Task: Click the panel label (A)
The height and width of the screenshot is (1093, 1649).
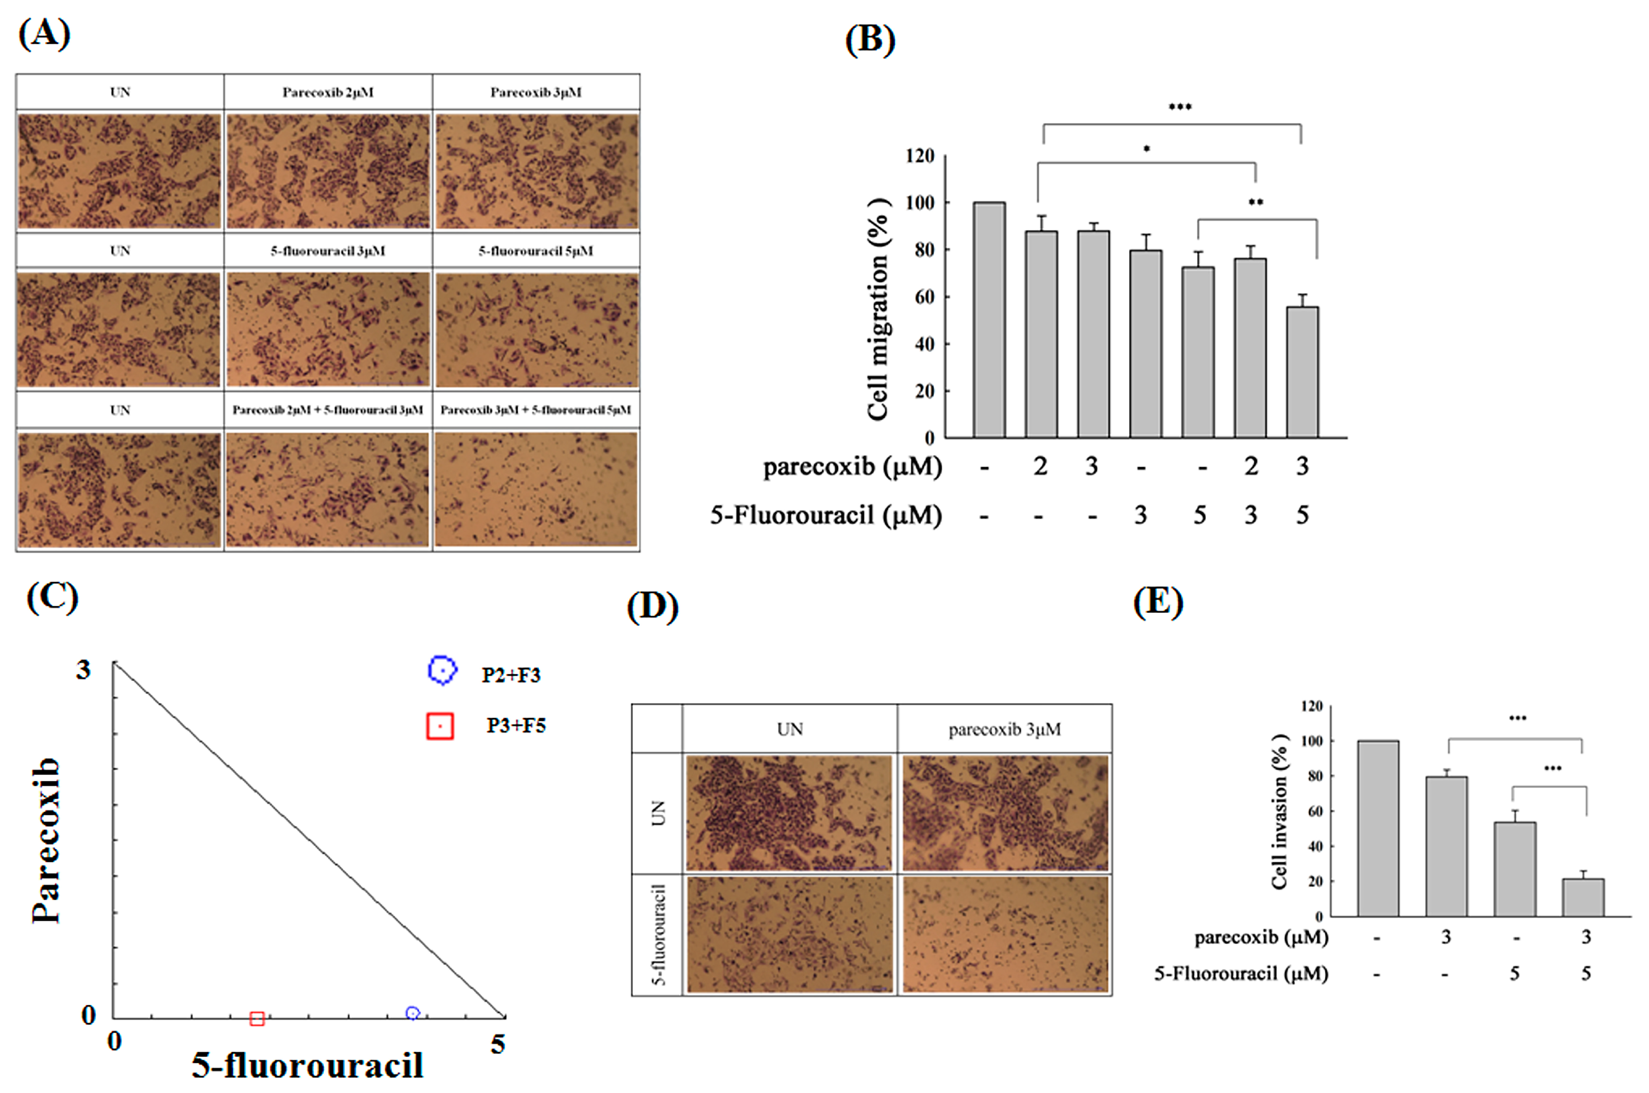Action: pyautogui.click(x=44, y=34)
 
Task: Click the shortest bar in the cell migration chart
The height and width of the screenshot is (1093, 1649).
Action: pyautogui.click(x=1302, y=372)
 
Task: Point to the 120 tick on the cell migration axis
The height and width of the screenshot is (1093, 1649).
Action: pyautogui.click(x=920, y=155)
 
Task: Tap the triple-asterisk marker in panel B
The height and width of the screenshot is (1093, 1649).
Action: pyautogui.click(x=1180, y=107)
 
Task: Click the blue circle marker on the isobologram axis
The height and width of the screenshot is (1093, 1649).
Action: pyautogui.click(x=413, y=1013)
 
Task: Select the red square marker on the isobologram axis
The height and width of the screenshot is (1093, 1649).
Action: pyautogui.click(x=257, y=1019)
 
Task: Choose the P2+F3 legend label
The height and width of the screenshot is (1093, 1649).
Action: pyautogui.click(x=511, y=675)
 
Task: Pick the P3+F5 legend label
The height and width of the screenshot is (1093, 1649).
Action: pyautogui.click(x=516, y=726)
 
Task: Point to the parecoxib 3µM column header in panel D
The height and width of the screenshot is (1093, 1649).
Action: pyautogui.click(x=1005, y=729)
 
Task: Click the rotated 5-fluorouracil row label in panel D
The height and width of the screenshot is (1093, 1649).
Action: pyautogui.click(x=658, y=934)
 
